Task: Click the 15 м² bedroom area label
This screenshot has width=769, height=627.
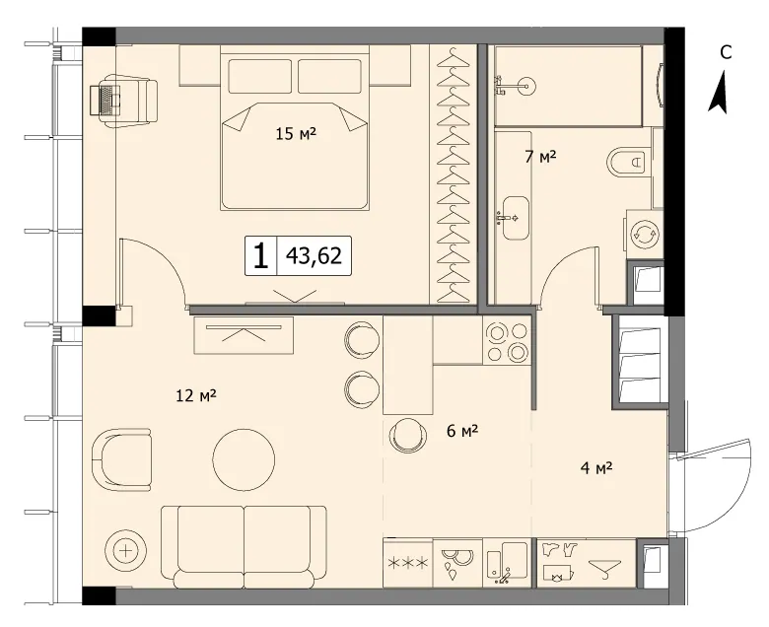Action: tap(296, 133)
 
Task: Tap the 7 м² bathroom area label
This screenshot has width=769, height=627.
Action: tap(540, 157)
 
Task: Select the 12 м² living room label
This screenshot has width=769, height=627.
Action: tap(196, 395)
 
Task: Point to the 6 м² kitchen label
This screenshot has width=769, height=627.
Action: tap(462, 431)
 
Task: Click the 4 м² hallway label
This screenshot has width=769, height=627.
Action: tap(596, 468)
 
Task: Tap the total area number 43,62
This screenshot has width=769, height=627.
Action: tap(314, 255)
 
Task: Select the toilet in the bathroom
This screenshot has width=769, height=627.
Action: tap(625, 161)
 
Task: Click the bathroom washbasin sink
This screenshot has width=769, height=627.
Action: tap(514, 218)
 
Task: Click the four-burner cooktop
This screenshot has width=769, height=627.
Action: tap(507, 341)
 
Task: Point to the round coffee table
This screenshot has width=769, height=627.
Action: tap(244, 459)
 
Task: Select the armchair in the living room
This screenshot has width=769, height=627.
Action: tap(122, 459)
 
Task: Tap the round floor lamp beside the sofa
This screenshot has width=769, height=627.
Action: tap(126, 550)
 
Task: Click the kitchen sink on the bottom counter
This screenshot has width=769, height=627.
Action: tap(508, 562)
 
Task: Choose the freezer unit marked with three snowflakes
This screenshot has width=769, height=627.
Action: tap(408, 563)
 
